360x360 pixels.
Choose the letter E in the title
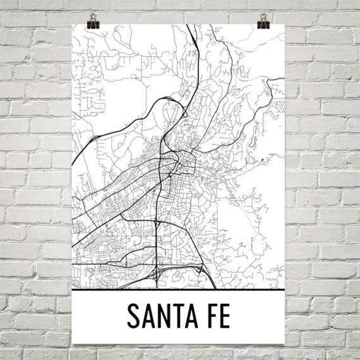click(236, 316)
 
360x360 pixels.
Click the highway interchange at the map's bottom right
click(201, 270)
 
